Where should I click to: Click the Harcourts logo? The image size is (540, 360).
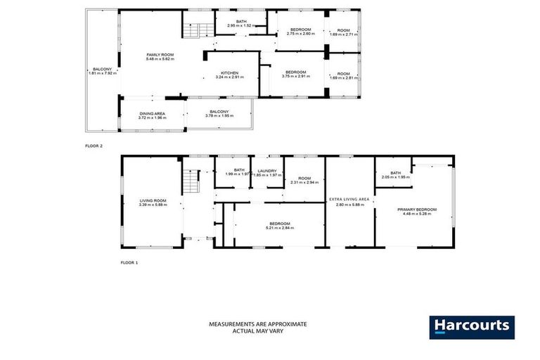coord(472,327)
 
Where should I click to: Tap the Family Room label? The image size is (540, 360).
coord(160,56)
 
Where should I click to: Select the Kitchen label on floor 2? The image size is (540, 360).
coord(230,75)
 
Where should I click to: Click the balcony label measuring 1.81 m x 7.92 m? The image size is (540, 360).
coord(98,71)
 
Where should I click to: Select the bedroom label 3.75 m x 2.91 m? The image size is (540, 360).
coord(295,75)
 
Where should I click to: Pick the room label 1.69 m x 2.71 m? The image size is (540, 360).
coord(343,32)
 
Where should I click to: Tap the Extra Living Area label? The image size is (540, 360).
coord(349,202)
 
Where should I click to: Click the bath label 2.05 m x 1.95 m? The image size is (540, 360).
coord(395,175)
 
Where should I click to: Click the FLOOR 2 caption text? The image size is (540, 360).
coord(94,146)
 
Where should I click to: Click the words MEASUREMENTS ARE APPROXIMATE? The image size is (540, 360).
coord(257,324)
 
